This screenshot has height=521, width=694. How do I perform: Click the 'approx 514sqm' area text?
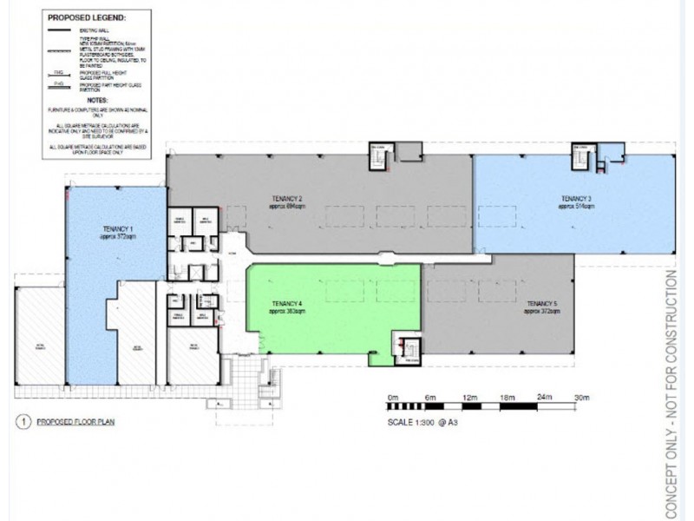pos(576,208)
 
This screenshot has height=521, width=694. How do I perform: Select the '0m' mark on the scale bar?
pos(394,396)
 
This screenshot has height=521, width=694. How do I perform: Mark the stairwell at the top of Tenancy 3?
pos(579,157)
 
